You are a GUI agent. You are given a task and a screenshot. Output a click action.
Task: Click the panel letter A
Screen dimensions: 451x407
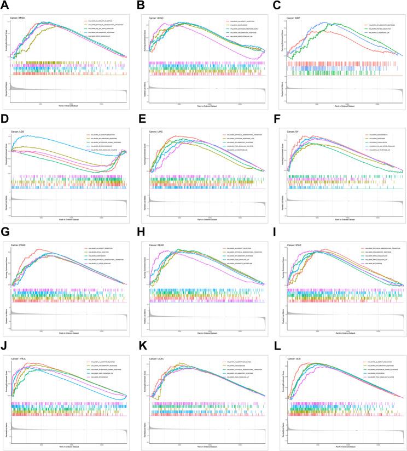pos(4,5)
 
